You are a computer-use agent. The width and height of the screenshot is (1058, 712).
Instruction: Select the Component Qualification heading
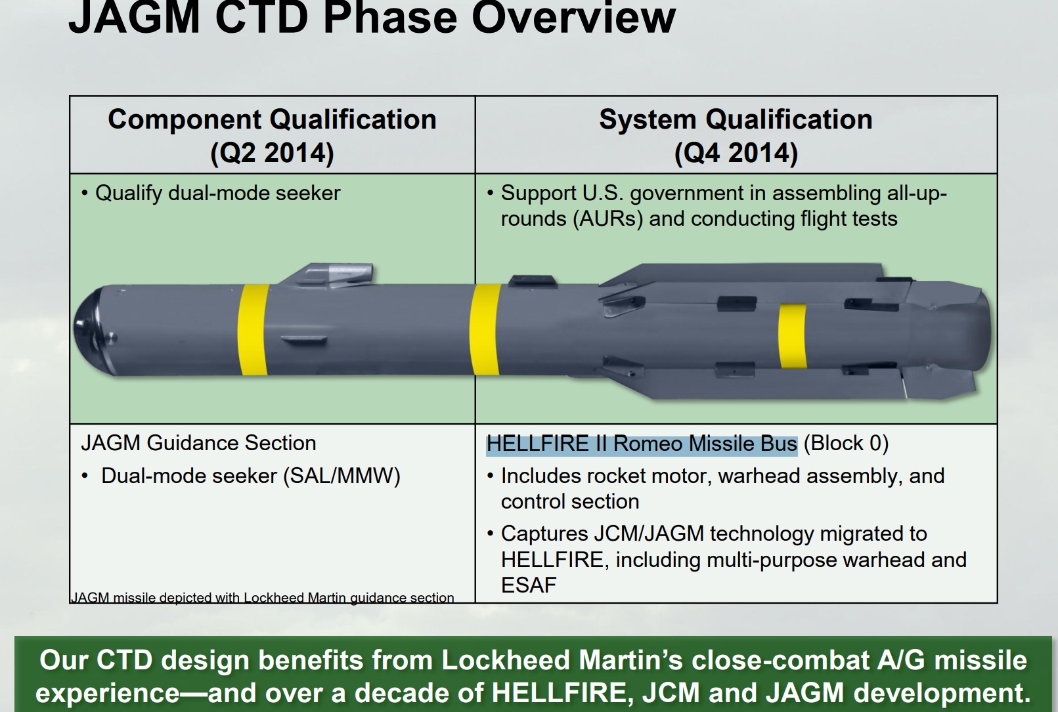pos(272,119)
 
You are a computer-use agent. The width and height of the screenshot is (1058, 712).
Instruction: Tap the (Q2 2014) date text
pos(272,153)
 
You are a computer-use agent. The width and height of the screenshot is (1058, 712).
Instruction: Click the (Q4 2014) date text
pos(736,153)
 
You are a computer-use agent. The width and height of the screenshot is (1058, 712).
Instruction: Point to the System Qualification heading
pos(736,119)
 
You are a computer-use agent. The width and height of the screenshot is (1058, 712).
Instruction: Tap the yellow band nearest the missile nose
pos(253,329)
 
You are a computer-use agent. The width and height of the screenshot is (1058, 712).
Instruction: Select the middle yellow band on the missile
pos(485,329)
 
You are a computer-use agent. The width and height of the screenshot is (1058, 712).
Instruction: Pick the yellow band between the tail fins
pos(793,336)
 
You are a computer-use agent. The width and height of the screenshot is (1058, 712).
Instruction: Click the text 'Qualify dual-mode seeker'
pos(218,193)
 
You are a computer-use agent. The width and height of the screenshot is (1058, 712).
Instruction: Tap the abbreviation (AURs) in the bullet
pos(608,219)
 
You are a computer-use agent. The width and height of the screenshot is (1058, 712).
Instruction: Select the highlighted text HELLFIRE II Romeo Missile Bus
pos(642,444)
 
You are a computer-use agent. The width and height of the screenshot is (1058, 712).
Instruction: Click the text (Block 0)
pos(846,444)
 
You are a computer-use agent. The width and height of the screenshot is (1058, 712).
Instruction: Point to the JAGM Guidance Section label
pos(198,443)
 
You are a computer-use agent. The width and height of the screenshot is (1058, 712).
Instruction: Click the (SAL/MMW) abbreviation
pos(342,476)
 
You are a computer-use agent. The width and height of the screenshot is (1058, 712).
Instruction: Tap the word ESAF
pos(529,585)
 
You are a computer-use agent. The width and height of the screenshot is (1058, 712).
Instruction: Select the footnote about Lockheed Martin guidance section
pos(262,598)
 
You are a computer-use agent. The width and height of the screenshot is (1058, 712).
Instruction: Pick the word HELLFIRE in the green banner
pos(560,693)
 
